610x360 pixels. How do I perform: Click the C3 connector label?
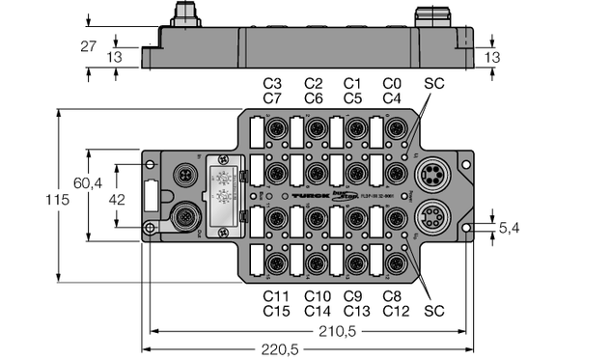click(272, 83)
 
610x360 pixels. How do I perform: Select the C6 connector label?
click(314, 97)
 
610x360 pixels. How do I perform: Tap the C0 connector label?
click(392, 83)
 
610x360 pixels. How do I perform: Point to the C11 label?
click(276, 296)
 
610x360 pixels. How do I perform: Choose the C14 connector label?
click(318, 311)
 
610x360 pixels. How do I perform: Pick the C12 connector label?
click(396, 311)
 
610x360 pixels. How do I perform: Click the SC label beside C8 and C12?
click(435, 311)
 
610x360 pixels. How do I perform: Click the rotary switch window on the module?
click(221, 193)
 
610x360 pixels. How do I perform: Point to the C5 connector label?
click(352, 97)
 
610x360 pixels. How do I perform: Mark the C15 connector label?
click(276, 311)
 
